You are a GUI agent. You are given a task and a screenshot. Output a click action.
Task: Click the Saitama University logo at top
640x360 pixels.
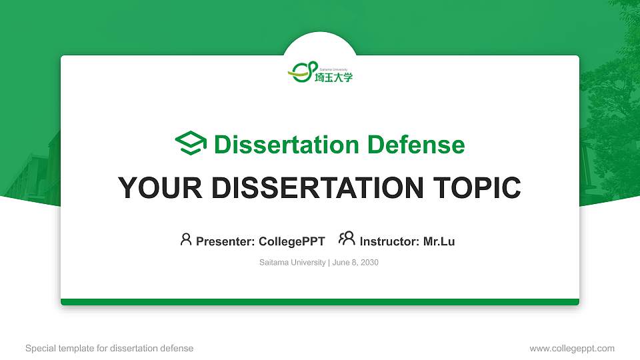point(320,71)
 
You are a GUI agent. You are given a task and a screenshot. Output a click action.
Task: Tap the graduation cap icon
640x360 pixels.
point(191,144)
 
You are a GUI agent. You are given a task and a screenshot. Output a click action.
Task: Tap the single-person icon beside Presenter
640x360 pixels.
point(186,239)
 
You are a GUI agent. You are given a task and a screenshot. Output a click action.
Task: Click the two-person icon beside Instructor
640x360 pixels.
point(347,239)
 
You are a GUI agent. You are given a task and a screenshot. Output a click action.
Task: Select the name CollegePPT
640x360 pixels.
point(291,241)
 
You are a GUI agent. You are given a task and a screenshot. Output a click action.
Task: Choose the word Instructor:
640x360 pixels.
point(390,241)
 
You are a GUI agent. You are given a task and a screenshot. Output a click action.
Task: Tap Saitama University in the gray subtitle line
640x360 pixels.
point(292,263)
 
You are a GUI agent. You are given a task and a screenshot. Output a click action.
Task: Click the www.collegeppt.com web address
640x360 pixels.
point(572,348)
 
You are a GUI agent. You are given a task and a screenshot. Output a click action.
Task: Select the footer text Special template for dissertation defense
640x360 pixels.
point(109,348)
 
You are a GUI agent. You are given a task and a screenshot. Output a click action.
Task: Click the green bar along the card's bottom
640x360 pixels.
point(320,302)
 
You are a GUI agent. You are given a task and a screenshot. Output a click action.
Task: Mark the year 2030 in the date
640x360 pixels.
point(369,263)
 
